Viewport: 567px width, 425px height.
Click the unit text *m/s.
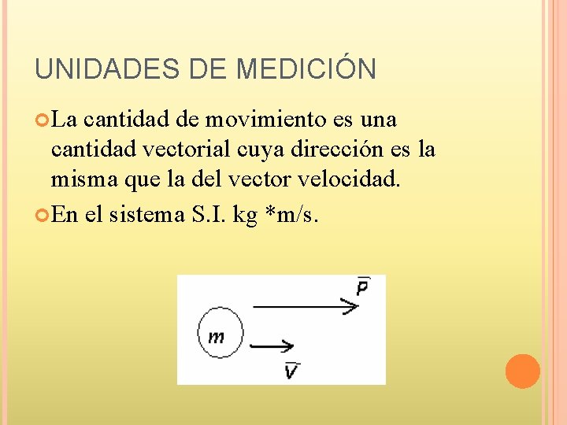pos(291,215)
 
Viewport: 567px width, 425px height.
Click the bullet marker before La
pos(43,120)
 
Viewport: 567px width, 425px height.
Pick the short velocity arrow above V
pos(272,345)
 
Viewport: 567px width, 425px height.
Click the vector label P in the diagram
pos(362,287)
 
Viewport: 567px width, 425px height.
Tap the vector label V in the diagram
pos(291,369)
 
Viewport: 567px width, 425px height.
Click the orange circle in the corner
pos(522,371)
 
